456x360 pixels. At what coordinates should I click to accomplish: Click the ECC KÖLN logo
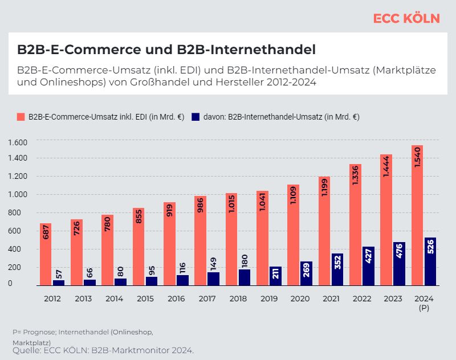[x=406, y=18]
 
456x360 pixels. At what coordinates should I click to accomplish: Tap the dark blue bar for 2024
[x=430, y=261]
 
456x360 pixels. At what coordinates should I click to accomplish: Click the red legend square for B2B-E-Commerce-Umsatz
[x=21, y=117]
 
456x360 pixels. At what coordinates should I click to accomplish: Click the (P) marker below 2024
[x=424, y=308]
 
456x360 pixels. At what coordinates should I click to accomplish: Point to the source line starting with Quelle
[x=103, y=350]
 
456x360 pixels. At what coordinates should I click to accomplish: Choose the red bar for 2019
[x=262, y=238]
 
